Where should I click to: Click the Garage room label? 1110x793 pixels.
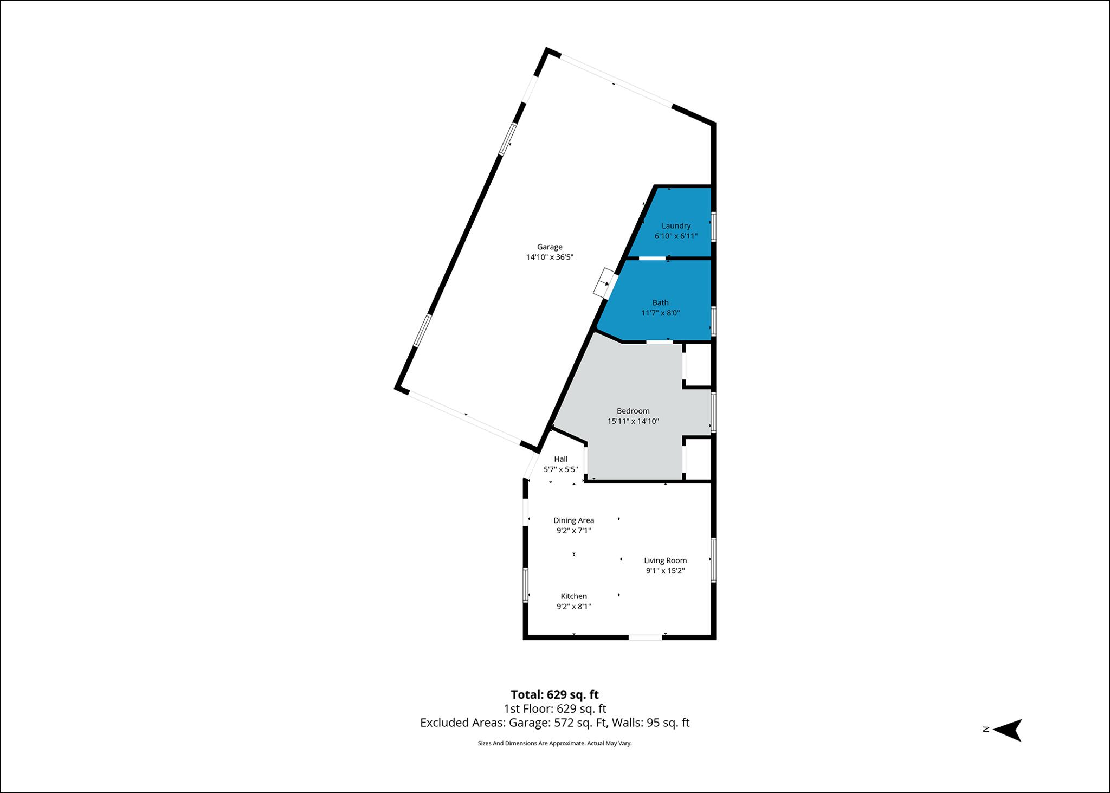click(x=550, y=247)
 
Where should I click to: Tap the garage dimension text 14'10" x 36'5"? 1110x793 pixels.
click(x=550, y=257)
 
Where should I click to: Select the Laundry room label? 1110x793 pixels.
click(x=676, y=226)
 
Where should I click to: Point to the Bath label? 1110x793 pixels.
click(x=660, y=303)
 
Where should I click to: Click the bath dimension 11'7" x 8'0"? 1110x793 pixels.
click(x=660, y=313)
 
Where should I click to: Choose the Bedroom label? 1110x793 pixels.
click(x=633, y=411)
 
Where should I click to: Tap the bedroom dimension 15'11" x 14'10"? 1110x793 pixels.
click(x=633, y=421)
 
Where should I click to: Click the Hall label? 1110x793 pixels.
click(x=561, y=459)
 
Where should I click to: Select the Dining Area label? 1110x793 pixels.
click(x=573, y=520)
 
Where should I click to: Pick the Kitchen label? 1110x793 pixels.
click(x=573, y=596)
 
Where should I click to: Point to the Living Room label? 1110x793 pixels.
click(x=665, y=560)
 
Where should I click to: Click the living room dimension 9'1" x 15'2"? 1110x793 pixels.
click(x=665, y=571)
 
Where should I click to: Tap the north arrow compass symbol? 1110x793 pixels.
click(x=1008, y=730)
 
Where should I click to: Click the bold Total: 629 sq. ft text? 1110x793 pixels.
click(x=554, y=694)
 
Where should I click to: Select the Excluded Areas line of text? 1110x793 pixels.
click(x=554, y=723)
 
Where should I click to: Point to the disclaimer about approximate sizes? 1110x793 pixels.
click(x=554, y=743)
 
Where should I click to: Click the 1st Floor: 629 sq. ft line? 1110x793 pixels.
click(x=554, y=708)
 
